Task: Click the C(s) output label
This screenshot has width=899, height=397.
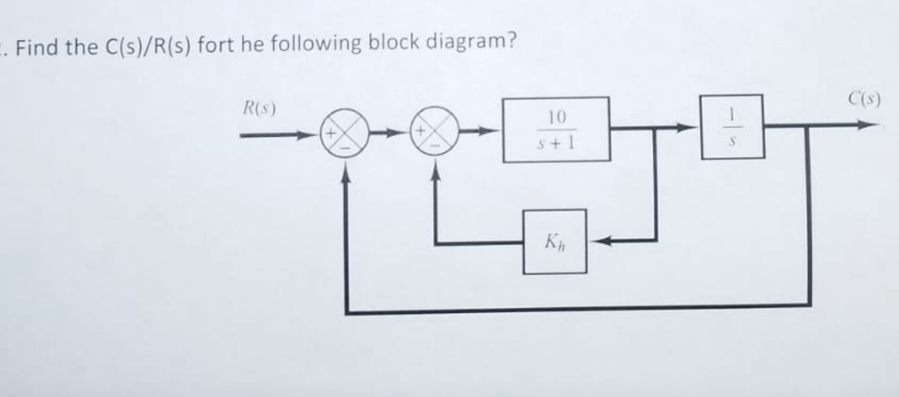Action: (865, 99)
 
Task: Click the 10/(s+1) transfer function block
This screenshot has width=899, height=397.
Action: (556, 129)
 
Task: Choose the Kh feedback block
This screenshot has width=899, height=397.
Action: (554, 241)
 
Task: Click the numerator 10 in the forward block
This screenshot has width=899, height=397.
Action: (556, 117)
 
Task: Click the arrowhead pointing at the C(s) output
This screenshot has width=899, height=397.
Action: (866, 124)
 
